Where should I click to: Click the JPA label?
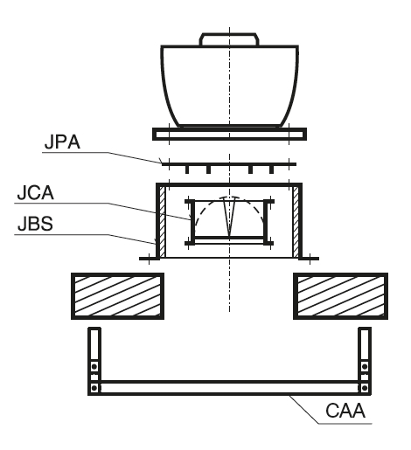(x=62, y=142)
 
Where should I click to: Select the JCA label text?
(x=35, y=192)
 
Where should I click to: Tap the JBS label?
(x=35, y=224)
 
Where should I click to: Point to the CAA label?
(x=345, y=411)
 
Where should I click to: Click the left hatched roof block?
(x=117, y=296)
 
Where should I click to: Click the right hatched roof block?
(x=340, y=296)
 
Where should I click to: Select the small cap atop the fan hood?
(x=229, y=39)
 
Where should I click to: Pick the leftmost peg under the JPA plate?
(x=187, y=170)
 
